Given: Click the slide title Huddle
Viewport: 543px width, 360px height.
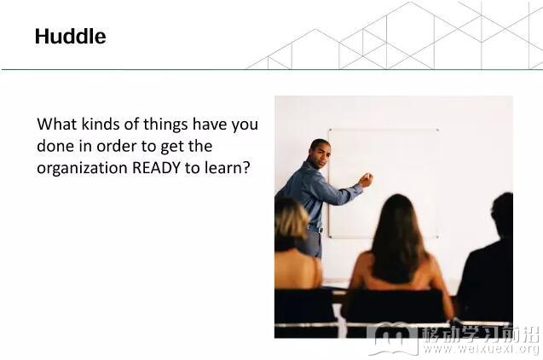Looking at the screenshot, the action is (70, 37).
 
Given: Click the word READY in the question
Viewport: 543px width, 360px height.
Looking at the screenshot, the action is (156, 168).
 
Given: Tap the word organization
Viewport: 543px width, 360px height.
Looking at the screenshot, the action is (82, 169).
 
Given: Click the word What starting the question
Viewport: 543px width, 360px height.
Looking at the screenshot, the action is (57, 124).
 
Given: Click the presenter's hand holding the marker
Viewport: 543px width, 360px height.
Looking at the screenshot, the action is (366, 180).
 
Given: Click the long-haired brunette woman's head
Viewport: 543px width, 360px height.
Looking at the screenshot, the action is (397, 222).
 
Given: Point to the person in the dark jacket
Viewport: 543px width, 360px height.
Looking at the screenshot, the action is (488, 264).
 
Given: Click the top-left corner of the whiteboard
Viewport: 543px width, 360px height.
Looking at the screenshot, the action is (329, 130).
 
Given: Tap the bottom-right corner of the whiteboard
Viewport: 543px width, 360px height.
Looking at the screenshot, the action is (438, 237).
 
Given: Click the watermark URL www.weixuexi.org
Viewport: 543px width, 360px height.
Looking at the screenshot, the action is (482, 348).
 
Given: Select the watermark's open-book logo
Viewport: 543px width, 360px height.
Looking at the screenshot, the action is (394, 339).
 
